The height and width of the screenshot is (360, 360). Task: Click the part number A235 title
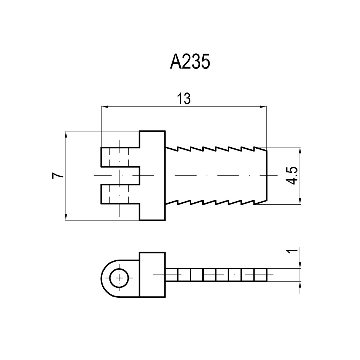point(190,62)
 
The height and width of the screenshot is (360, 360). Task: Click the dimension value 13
point(184,99)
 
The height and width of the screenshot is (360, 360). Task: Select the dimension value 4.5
point(292,176)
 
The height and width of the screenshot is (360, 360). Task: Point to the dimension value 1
point(292,251)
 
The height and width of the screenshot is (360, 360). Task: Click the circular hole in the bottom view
point(119,278)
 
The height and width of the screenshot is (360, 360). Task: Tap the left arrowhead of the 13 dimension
point(104,107)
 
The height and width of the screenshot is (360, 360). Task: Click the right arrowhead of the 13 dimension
point(264,107)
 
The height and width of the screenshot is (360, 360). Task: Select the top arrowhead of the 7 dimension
point(66,134)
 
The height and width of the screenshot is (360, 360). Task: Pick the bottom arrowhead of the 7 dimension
point(66,217)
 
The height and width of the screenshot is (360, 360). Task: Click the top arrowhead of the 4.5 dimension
point(300,150)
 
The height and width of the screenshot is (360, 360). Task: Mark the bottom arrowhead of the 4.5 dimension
point(300,201)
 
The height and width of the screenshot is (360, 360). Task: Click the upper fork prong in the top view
point(120,157)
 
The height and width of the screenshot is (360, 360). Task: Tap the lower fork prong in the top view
point(120,194)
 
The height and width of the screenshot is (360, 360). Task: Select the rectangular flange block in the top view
point(152,176)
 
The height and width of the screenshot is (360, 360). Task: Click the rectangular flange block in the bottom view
point(152,275)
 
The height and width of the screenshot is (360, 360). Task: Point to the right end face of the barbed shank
point(267,176)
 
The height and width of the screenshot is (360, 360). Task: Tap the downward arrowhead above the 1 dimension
point(300,265)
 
